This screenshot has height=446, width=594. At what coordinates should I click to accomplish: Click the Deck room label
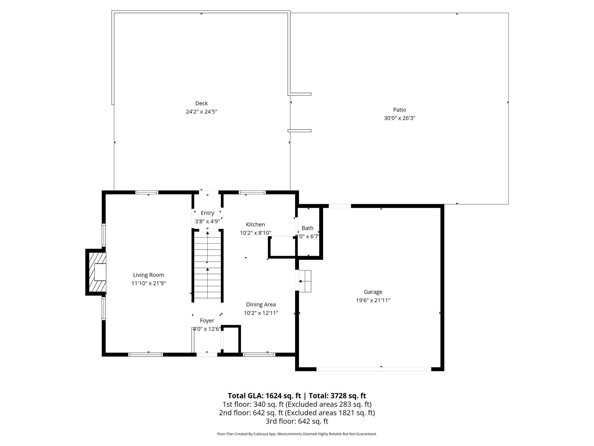(x=201, y=103)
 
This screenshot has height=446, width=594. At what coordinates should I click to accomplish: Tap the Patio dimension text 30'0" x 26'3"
(x=399, y=118)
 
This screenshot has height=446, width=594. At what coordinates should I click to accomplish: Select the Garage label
(x=373, y=292)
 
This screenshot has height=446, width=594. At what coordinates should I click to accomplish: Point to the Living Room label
(x=148, y=275)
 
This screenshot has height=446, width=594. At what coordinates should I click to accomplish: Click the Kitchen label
(x=255, y=224)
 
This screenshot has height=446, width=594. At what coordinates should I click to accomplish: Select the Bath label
(x=307, y=228)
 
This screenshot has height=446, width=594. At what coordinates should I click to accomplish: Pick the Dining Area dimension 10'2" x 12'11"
(x=261, y=313)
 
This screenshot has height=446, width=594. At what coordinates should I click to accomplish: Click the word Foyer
(x=207, y=321)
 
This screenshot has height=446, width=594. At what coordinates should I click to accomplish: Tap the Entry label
(x=207, y=213)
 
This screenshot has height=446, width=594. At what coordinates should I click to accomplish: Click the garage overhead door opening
(x=374, y=369)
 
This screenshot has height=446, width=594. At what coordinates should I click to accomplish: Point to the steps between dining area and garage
(x=305, y=281)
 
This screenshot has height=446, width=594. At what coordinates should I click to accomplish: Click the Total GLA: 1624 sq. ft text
(x=264, y=396)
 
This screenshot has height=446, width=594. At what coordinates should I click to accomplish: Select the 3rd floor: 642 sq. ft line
(x=297, y=421)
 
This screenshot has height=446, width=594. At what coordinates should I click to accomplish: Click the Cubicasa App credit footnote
(x=297, y=434)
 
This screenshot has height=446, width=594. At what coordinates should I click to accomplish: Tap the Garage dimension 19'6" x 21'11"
(x=373, y=300)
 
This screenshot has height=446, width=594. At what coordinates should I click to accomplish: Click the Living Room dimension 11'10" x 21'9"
(x=148, y=283)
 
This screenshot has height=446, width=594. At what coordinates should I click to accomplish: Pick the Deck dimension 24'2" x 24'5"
(x=201, y=111)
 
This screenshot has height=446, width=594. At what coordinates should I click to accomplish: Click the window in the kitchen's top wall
(x=252, y=192)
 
